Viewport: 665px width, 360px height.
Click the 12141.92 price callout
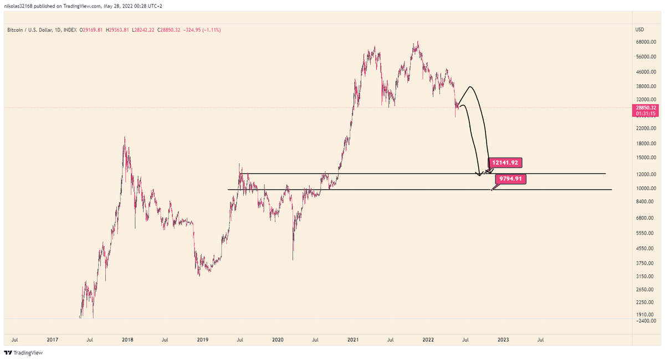pyautogui.click(x=504, y=163)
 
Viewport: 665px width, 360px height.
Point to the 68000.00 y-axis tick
pyautogui.click(x=643, y=42)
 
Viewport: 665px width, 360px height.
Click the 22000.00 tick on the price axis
pyautogui.click(x=643, y=128)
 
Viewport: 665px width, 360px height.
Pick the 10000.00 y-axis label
pyautogui.click(x=643, y=188)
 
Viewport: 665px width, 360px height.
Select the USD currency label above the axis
pyautogui.click(x=639, y=29)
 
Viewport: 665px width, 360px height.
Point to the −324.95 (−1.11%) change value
pyautogui.click(x=203, y=29)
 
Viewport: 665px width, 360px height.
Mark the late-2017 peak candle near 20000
pyautogui.click(x=125, y=137)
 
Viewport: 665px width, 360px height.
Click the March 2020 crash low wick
pyautogui.click(x=293, y=259)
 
